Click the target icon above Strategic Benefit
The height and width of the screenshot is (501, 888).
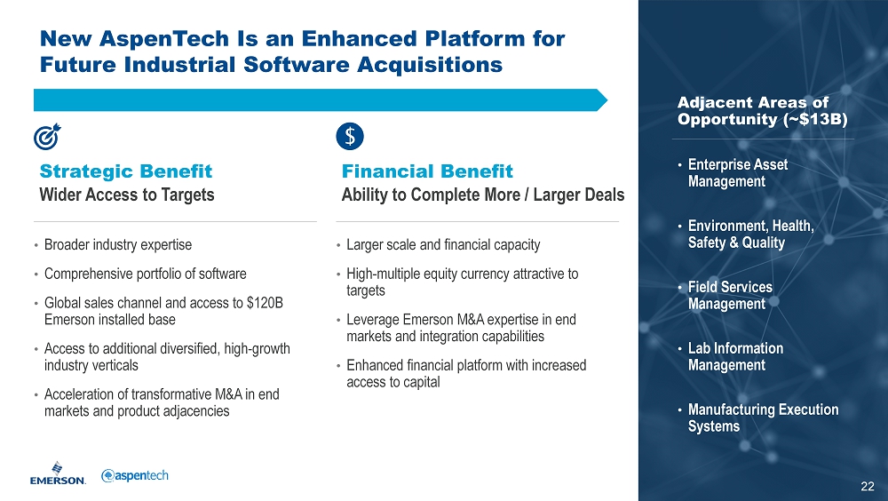coord(47,137)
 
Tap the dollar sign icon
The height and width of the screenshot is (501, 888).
coord(349,137)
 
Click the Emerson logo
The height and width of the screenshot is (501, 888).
coord(58,473)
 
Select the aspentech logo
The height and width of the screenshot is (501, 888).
coord(135,475)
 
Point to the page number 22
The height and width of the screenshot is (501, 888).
coord(867,486)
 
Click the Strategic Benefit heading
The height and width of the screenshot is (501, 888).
coord(126,171)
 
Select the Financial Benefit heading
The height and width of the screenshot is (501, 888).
coord(427,171)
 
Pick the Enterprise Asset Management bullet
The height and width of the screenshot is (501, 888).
coord(737,173)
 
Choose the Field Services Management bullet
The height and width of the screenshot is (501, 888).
coord(730,295)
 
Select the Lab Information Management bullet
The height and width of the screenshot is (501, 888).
coord(735,356)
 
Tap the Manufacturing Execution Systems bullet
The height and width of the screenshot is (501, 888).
coord(763,417)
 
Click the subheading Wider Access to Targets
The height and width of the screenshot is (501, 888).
coord(127,195)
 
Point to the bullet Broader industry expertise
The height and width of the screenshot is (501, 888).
coord(118,245)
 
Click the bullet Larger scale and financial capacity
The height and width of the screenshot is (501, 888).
coord(443,245)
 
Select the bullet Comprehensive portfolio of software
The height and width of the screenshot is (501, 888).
coord(145,274)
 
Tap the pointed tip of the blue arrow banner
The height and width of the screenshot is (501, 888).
coord(607,100)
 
